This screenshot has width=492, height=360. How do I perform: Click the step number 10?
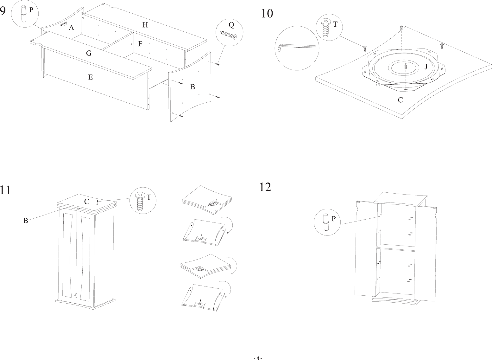tap(267, 14)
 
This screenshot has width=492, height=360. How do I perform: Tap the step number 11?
tap(5, 190)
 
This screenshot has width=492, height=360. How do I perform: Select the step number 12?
tap(265, 187)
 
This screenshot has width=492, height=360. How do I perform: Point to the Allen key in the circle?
tap(296, 47)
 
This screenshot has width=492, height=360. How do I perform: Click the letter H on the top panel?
tap(145, 25)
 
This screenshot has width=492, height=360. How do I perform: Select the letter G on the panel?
tap(89, 54)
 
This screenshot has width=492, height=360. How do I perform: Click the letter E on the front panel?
tap(91, 77)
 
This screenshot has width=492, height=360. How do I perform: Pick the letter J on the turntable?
tap(426, 67)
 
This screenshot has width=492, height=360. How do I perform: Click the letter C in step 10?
tap(400, 100)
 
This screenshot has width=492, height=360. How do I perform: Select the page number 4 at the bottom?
tap(258, 358)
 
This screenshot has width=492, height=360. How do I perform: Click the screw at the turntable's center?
tap(406, 66)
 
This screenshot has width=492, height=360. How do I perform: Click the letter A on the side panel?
tap(72, 28)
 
